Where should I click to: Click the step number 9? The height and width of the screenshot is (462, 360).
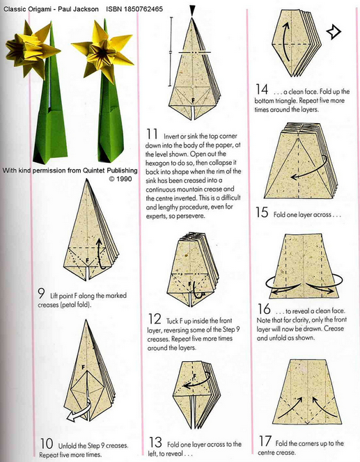coord(42,294)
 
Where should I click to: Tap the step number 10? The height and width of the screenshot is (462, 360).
coord(47,443)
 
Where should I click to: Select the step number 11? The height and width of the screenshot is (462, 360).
coord(152,134)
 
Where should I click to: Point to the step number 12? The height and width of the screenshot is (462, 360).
coord(155,319)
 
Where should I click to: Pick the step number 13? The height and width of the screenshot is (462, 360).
coord(155,443)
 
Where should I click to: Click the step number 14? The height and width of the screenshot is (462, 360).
coord(262,89)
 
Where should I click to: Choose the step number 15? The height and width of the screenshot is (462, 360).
coord(262,212)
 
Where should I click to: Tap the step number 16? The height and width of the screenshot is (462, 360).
coord(264,309)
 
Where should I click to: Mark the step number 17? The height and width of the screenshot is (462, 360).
coord(265,441)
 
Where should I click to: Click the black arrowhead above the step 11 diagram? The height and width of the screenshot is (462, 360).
coord(192,12)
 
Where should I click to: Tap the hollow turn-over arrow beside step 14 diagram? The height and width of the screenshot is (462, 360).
coord(334,31)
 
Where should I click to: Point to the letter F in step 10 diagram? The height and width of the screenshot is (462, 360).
coord(83,367)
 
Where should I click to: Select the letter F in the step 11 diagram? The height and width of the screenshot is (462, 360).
coord(193,100)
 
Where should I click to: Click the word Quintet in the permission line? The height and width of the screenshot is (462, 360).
coord(94,170)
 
